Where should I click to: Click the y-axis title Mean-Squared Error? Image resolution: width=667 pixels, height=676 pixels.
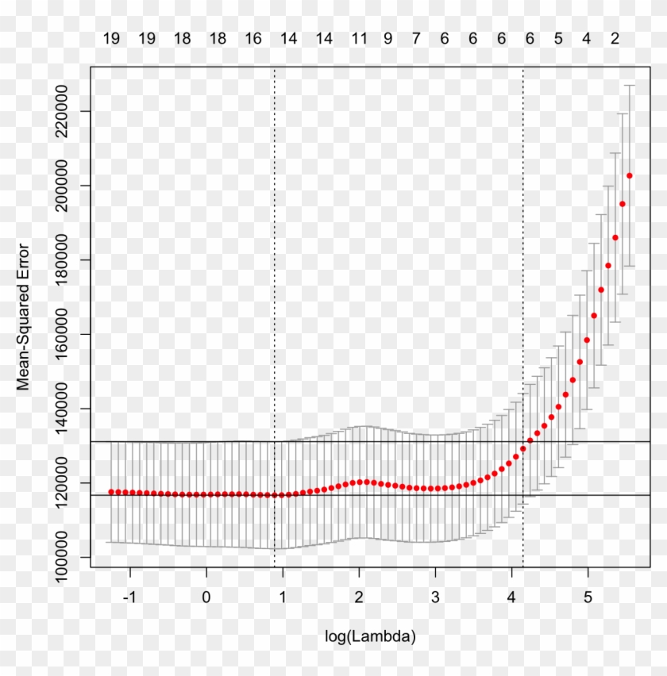point(23,317)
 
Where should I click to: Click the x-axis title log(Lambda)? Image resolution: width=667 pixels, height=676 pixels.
point(370,636)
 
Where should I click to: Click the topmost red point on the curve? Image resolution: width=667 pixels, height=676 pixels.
point(630,175)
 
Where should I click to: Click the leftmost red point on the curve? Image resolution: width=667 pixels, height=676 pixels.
point(111,492)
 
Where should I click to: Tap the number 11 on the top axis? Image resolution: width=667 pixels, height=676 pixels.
point(360,38)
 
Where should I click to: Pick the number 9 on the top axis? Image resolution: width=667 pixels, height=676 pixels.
point(387,38)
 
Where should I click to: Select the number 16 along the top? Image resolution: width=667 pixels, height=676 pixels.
point(253,38)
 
